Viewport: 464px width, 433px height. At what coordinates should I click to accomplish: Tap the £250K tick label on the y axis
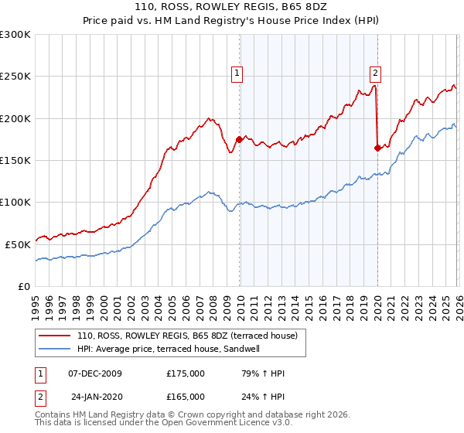click(15, 77)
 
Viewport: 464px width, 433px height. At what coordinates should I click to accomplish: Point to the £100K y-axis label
click(15, 202)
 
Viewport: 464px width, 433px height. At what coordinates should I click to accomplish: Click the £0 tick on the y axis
click(25, 286)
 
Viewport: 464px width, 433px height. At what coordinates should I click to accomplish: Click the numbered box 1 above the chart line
click(237, 74)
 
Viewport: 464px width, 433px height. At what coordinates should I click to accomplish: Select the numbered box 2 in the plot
click(375, 74)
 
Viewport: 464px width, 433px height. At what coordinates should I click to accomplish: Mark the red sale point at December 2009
click(239, 140)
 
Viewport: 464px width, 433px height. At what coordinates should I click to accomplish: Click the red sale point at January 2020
click(377, 148)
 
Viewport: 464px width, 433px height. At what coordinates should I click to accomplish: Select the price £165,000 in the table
click(185, 397)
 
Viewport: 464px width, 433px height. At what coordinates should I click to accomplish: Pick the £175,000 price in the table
click(185, 373)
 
